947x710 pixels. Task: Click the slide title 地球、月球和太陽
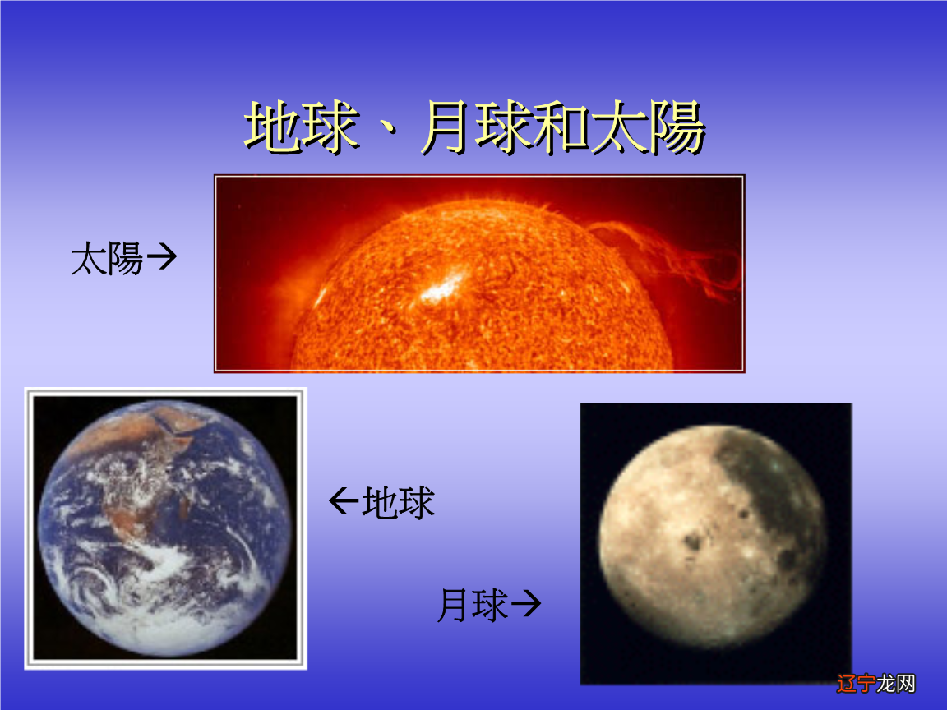click(x=474, y=129)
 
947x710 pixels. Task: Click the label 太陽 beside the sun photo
click(x=107, y=259)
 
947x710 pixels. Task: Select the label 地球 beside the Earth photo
click(x=399, y=503)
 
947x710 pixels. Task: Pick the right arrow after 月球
click(x=525, y=606)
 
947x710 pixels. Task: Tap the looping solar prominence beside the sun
click(x=691, y=255)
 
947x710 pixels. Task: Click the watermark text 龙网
click(x=896, y=684)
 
